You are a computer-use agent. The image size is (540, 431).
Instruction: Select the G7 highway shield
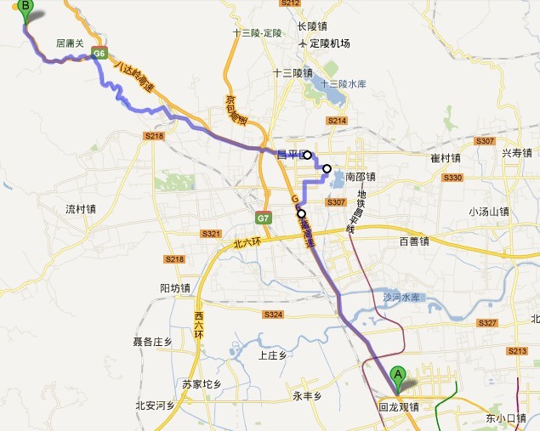(x=264, y=218)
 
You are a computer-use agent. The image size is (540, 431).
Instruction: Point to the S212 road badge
(x=291, y=4)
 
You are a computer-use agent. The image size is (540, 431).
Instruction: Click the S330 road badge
(x=453, y=177)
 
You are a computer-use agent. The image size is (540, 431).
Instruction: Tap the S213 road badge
(x=516, y=351)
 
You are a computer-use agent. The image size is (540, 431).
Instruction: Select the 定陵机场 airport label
(x=329, y=43)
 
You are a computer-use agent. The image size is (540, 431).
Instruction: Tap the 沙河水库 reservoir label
(x=401, y=298)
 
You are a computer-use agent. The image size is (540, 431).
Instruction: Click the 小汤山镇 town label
(x=488, y=212)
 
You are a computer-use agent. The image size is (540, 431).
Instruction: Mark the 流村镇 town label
(x=81, y=208)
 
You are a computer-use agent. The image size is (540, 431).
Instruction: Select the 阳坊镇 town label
(x=176, y=287)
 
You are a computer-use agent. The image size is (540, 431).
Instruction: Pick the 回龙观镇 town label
(x=399, y=407)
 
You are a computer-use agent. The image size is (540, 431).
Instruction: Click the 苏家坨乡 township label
(x=202, y=384)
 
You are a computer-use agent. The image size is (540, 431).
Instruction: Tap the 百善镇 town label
(x=414, y=241)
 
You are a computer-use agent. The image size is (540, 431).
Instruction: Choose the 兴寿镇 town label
(x=517, y=153)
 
